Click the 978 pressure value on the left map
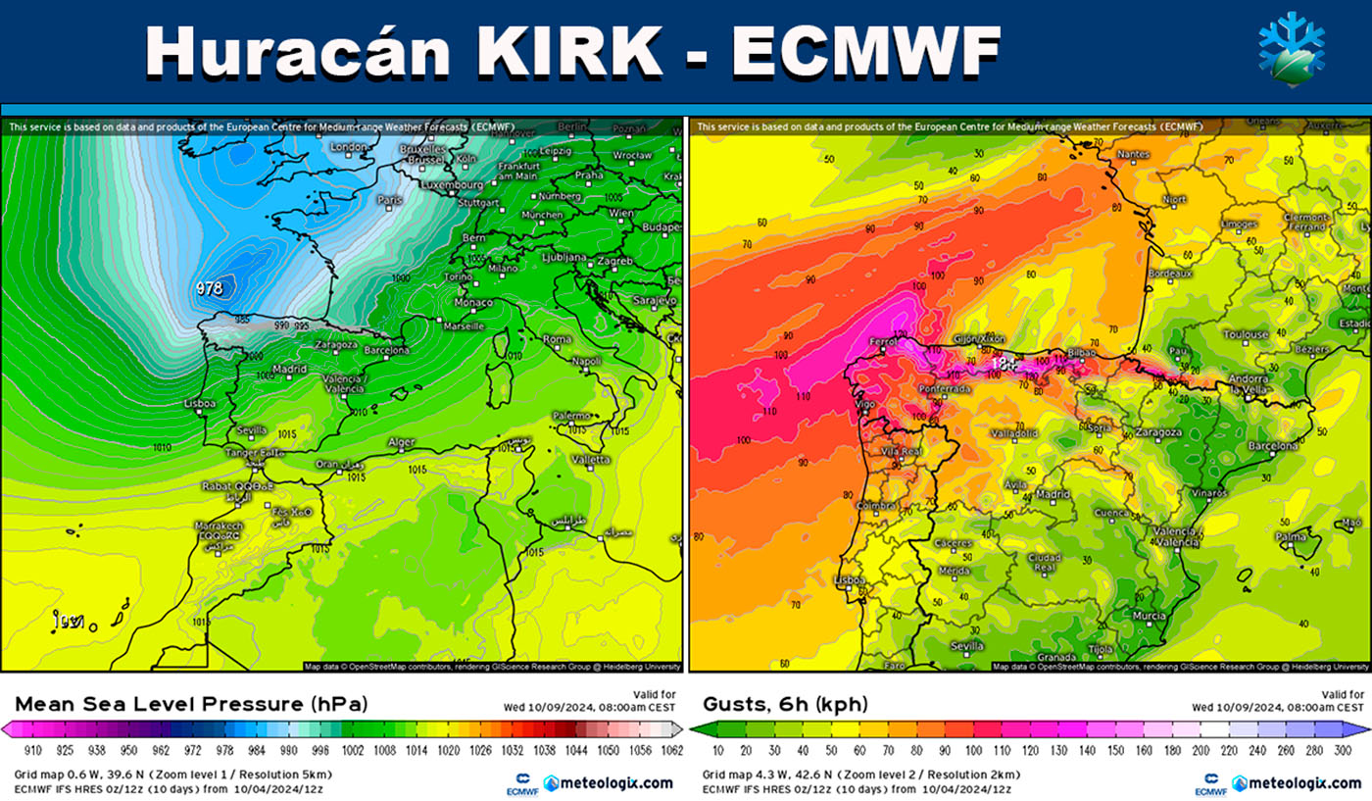(209, 288)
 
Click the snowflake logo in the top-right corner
(1293, 49)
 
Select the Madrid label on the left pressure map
(290, 369)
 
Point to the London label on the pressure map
(348, 147)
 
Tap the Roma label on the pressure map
(557, 339)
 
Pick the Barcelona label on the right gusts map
(1273, 446)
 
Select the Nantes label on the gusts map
(1132, 154)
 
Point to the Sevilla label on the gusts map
(967, 646)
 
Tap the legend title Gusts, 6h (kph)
(785, 704)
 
